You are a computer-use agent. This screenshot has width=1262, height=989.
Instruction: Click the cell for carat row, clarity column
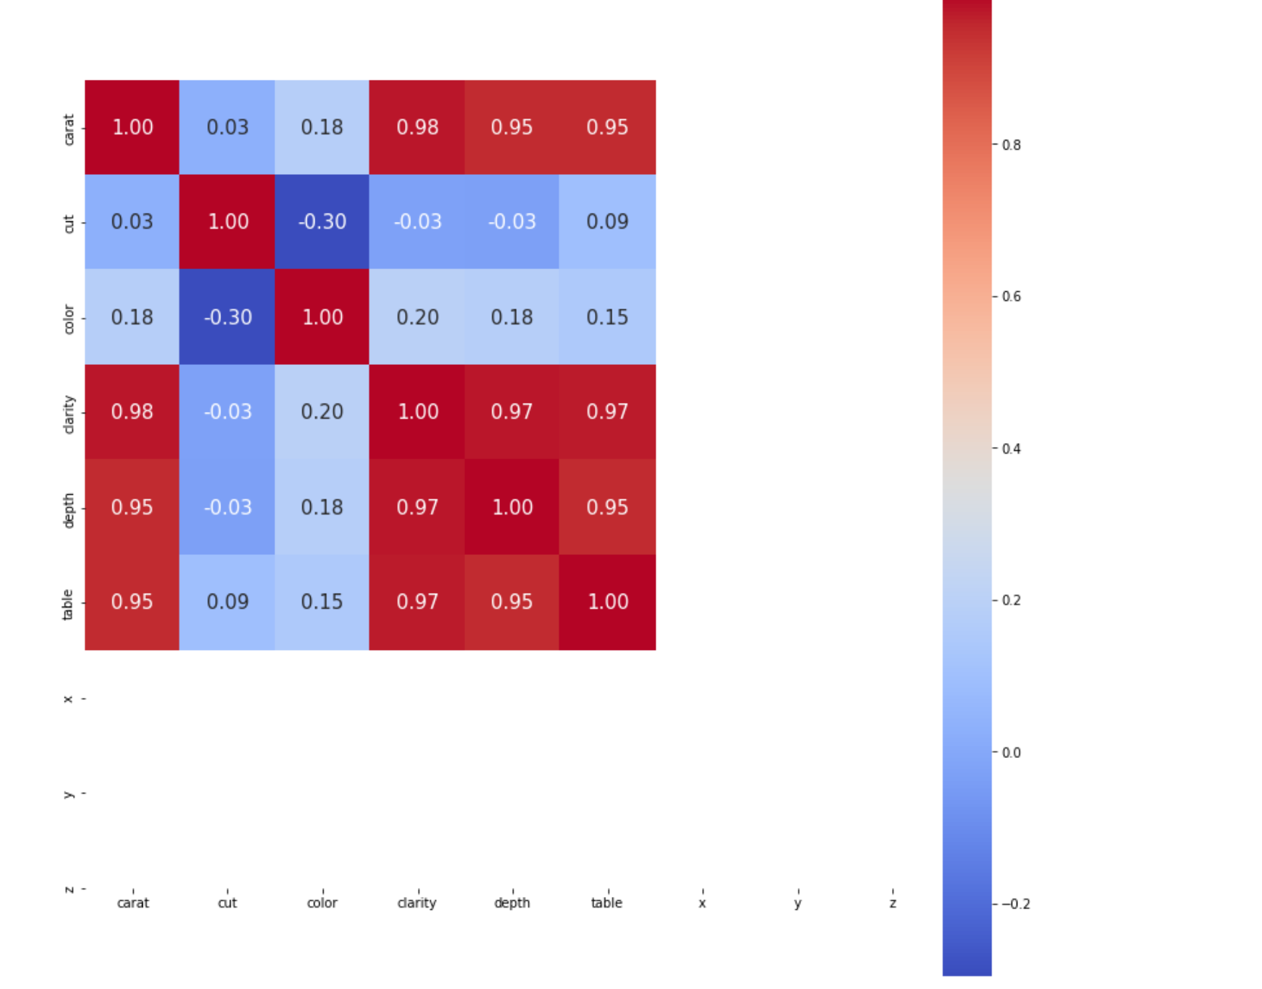coord(417,127)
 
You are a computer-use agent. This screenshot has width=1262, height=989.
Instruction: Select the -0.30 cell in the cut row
coord(322,222)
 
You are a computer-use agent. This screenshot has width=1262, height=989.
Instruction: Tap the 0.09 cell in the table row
coord(227,602)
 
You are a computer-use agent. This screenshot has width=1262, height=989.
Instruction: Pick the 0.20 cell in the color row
coord(417,317)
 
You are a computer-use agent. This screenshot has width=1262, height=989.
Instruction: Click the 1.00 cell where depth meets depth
coord(512,507)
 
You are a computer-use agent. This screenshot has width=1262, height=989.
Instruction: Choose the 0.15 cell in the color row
coord(607,317)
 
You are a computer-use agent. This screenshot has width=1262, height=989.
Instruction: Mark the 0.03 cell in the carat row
coord(227,127)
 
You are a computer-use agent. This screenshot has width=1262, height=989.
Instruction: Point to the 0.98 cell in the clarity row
coord(132,412)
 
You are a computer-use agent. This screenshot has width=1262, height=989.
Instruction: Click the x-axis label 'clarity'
coord(417,903)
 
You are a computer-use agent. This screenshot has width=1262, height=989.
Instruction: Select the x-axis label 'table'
coord(606,903)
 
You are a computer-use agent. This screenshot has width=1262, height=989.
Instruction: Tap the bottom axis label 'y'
coord(797,903)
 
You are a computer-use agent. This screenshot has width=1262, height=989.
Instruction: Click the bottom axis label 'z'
coord(893,903)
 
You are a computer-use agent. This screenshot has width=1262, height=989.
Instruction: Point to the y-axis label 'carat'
coord(68,129)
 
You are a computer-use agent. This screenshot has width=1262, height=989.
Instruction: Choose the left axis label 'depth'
coord(68,509)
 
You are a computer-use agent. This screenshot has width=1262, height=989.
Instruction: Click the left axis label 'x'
coord(68,699)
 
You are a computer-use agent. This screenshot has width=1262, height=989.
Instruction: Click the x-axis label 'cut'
coord(227,903)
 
